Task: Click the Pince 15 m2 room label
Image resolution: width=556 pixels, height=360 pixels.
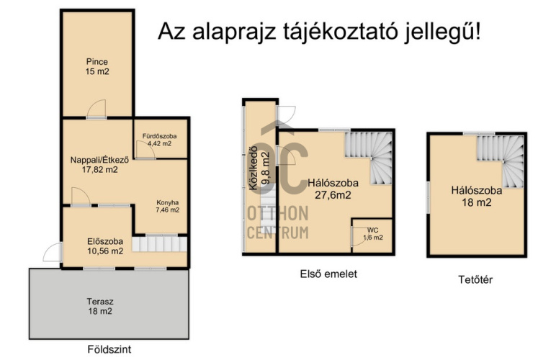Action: (x=97, y=67)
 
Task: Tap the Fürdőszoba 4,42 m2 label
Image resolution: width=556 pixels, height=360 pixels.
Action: (x=160, y=140)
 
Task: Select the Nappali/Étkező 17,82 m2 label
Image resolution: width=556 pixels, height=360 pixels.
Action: (x=99, y=164)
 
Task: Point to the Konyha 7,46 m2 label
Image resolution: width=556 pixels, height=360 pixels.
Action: (x=167, y=206)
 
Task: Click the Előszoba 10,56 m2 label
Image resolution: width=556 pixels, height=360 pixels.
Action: (x=105, y=246)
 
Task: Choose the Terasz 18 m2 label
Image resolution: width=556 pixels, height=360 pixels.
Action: (x=100, y=307)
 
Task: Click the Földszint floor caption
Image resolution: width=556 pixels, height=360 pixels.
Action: (x=109, y=349)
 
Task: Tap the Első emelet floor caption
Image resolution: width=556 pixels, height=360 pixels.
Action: (x=328, y=274)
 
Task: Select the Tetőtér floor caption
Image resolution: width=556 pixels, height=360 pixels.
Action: (x=475, y=280)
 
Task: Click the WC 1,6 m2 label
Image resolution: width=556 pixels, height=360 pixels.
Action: (x=372, y=234)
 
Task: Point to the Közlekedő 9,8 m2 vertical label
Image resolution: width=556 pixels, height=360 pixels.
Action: (x=259, y=171)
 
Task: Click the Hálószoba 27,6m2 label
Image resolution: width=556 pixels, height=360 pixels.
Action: (x=333, y=189)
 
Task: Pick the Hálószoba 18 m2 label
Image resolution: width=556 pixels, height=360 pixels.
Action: (x=477, y=197)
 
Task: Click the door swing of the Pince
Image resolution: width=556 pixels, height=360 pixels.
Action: (x=97, y=109)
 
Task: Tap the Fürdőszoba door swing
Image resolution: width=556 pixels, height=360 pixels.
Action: (x=145, y=150)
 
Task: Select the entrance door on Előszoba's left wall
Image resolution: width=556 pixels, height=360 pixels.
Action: (x=53, y=252)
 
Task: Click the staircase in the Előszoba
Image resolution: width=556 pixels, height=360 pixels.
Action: (x=160, y=244)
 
